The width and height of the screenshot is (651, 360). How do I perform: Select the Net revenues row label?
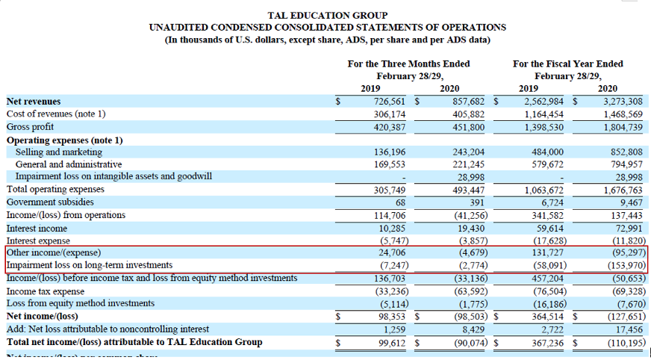34,102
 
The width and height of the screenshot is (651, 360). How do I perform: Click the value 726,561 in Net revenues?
382,102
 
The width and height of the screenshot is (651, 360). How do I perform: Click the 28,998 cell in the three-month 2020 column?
469,176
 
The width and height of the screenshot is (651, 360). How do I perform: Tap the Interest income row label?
37,229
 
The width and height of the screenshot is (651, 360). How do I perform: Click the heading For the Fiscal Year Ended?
567,64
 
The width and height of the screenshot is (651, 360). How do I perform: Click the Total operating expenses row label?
55,190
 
